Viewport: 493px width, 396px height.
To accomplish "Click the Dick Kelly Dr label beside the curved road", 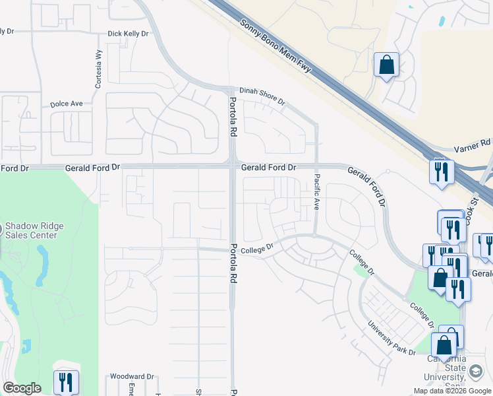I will [x=128, y=34].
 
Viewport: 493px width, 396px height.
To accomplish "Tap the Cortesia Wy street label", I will [x=98, y=70].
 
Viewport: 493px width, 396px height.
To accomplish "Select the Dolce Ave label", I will [x=67, y=104].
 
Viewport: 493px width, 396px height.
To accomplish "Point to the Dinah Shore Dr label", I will [x=262, y=96].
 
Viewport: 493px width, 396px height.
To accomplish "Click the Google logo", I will [x=22, y=388].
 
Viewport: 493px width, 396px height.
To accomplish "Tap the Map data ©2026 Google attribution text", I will [x=452, y=391].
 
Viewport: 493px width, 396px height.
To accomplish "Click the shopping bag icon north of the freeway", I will [x=386, y=65].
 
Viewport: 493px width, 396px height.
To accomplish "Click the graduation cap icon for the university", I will [x=475, y=372].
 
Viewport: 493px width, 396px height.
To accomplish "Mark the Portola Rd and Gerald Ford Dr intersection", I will [x=232, y=166].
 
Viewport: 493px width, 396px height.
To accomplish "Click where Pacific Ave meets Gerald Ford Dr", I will [x=316, y=166].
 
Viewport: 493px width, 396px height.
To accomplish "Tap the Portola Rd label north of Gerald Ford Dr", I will [x=232, y=117].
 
